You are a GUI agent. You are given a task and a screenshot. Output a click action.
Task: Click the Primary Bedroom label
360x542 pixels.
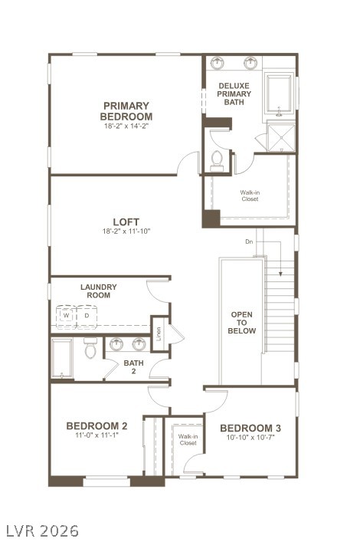[126, 111]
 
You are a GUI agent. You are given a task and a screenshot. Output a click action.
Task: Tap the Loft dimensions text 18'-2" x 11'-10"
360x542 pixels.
[126, 232]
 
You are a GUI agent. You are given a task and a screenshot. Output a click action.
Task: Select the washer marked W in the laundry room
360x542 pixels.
[67, 315]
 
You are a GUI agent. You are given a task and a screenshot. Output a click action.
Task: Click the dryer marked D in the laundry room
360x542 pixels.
[86, 315]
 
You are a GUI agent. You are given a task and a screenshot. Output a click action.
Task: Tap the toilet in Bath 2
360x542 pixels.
[90, 350]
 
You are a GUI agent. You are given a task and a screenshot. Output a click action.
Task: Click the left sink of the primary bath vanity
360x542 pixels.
[220, 62]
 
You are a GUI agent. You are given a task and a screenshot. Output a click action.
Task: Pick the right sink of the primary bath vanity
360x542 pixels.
[251, 62]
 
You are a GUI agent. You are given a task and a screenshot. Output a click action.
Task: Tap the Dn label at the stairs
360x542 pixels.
[249, 241]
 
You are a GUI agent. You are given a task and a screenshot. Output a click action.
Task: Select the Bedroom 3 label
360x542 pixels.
[250, 428]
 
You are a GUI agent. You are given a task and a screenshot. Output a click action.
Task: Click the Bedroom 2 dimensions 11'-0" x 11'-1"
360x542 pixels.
[97, 435]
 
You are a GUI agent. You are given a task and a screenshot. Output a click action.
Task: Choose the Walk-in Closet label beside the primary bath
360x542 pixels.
[249, 195]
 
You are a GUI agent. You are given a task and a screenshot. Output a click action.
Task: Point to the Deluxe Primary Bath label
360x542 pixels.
[234, 94]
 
